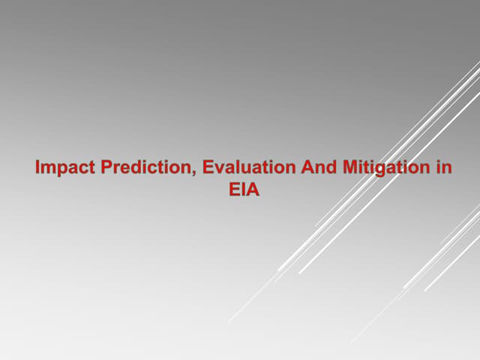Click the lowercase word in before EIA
click(x=443, y=168)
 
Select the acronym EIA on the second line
click(x=244, y=190)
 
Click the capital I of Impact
click(x=37, y=168)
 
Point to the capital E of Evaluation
click(x=208, y=168)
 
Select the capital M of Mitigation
click(x=350, y=168)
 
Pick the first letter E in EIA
click(x=233, y=190)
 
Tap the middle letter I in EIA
click(x=243, y=190)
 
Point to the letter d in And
click(x=332, y=168)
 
